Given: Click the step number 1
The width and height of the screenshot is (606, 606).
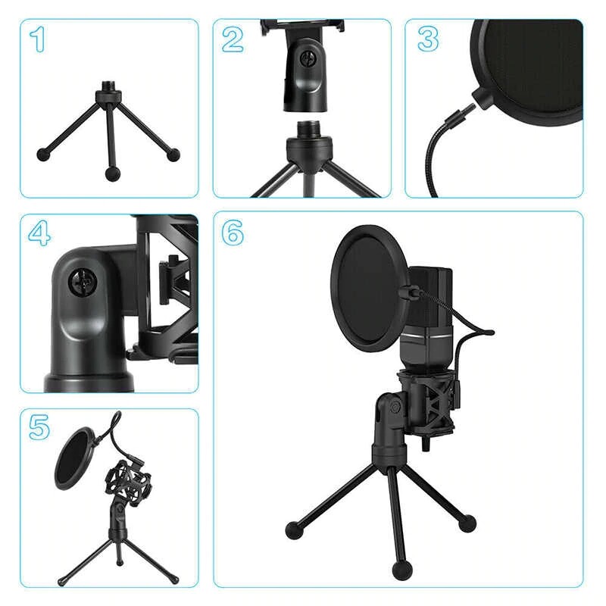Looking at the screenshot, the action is tap(38, 39).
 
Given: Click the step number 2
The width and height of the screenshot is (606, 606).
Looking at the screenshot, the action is tap(233, 39).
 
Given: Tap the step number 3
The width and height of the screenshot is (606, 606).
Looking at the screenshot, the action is tap(428, 39).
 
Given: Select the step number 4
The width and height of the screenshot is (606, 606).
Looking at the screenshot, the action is tap(39, 233).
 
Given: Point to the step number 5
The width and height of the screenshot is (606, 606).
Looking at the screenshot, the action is tap(39, 427).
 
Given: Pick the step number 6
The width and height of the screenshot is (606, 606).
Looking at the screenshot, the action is tap(233, 233).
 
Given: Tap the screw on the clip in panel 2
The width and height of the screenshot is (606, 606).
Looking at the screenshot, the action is tap(308, 60).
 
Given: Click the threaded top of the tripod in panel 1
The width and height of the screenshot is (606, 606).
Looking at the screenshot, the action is tap(107, 86).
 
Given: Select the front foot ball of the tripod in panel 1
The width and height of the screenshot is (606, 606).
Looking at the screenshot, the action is tap(111, 174).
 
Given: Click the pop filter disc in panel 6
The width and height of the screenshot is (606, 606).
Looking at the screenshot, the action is tap(370, 289).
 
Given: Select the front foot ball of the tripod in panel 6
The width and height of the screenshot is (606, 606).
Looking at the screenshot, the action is tap(402, 571).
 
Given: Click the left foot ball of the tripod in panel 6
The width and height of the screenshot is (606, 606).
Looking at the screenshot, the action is tap(293, 530).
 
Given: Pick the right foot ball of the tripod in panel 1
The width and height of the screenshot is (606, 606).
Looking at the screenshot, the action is tap(173, 155).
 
